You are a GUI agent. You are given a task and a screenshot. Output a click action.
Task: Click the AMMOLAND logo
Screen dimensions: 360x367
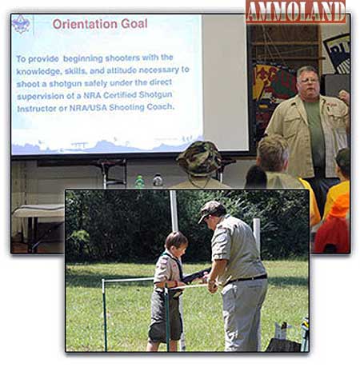coord(295,11)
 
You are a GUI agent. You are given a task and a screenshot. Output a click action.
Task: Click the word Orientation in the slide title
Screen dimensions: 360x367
coord(85,24)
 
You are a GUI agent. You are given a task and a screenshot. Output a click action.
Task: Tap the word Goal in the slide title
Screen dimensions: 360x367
coord(134,24)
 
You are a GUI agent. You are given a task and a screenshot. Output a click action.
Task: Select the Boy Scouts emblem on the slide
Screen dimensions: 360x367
coord(21,24)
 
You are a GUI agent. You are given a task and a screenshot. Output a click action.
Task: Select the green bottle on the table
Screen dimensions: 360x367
coord(139,181)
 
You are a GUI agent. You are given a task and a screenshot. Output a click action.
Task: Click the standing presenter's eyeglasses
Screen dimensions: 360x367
coord(309,80)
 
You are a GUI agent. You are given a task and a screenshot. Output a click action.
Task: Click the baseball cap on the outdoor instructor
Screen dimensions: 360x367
coord(211,210)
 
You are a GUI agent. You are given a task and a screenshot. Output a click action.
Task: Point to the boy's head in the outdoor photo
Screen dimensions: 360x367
coord(176,243)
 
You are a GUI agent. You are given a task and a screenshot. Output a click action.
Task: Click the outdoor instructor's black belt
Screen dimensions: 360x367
coord(246,279)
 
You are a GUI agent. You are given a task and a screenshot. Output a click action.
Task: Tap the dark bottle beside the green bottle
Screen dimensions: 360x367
coord(158,180)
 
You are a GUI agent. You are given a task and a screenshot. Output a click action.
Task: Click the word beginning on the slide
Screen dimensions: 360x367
coord(83,58)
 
